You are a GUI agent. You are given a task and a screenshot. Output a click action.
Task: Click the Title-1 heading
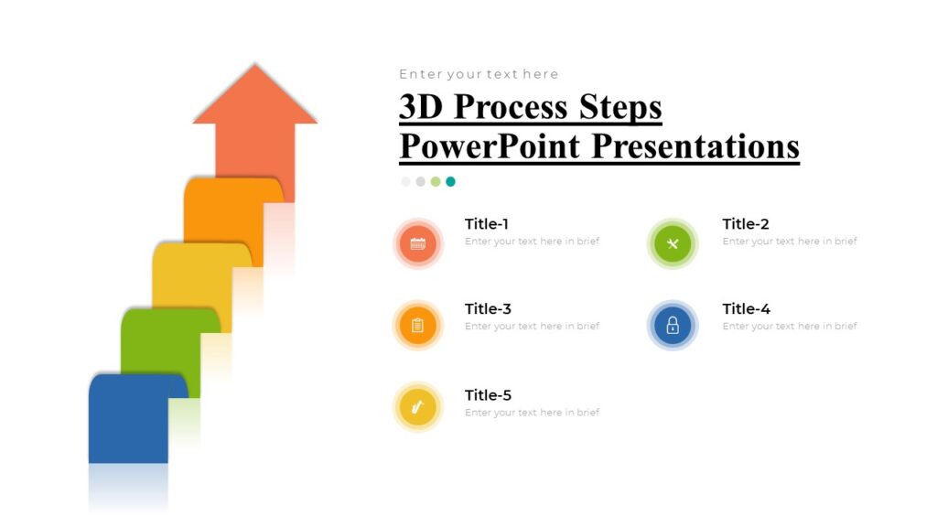(x=487, y=224)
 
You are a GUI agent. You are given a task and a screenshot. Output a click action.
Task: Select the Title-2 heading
(x=745, y=224)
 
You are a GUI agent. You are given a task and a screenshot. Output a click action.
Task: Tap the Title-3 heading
(x=488, y=309)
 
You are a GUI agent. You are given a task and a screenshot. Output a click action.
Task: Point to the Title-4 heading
(x=746, y=309)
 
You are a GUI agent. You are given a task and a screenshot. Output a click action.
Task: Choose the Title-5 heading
(x=488, y=395)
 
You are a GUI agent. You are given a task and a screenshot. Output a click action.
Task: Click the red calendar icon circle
(x=418, y=244)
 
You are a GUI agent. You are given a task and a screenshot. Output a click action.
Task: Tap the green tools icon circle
(x=673, y=244)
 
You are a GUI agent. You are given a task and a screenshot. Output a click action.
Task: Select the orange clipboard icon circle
(x=418, y=325)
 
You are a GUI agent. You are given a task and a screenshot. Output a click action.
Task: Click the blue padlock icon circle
(x=673, y=325)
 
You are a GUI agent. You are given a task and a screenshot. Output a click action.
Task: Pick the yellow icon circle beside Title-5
(x=418, y=407)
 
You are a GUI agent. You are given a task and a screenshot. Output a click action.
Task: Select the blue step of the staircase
(x=128, y=421)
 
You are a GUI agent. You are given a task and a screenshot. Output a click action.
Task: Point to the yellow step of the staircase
(x=192, y=279)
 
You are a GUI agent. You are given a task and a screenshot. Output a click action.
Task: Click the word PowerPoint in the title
(x=490, y=146)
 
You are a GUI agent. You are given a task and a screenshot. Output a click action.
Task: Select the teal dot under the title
(x=450, y=181)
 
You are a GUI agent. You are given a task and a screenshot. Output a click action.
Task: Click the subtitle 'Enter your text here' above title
(x=479, y=74)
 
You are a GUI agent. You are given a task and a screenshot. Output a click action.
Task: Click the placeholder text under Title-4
(x=790, y=327)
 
